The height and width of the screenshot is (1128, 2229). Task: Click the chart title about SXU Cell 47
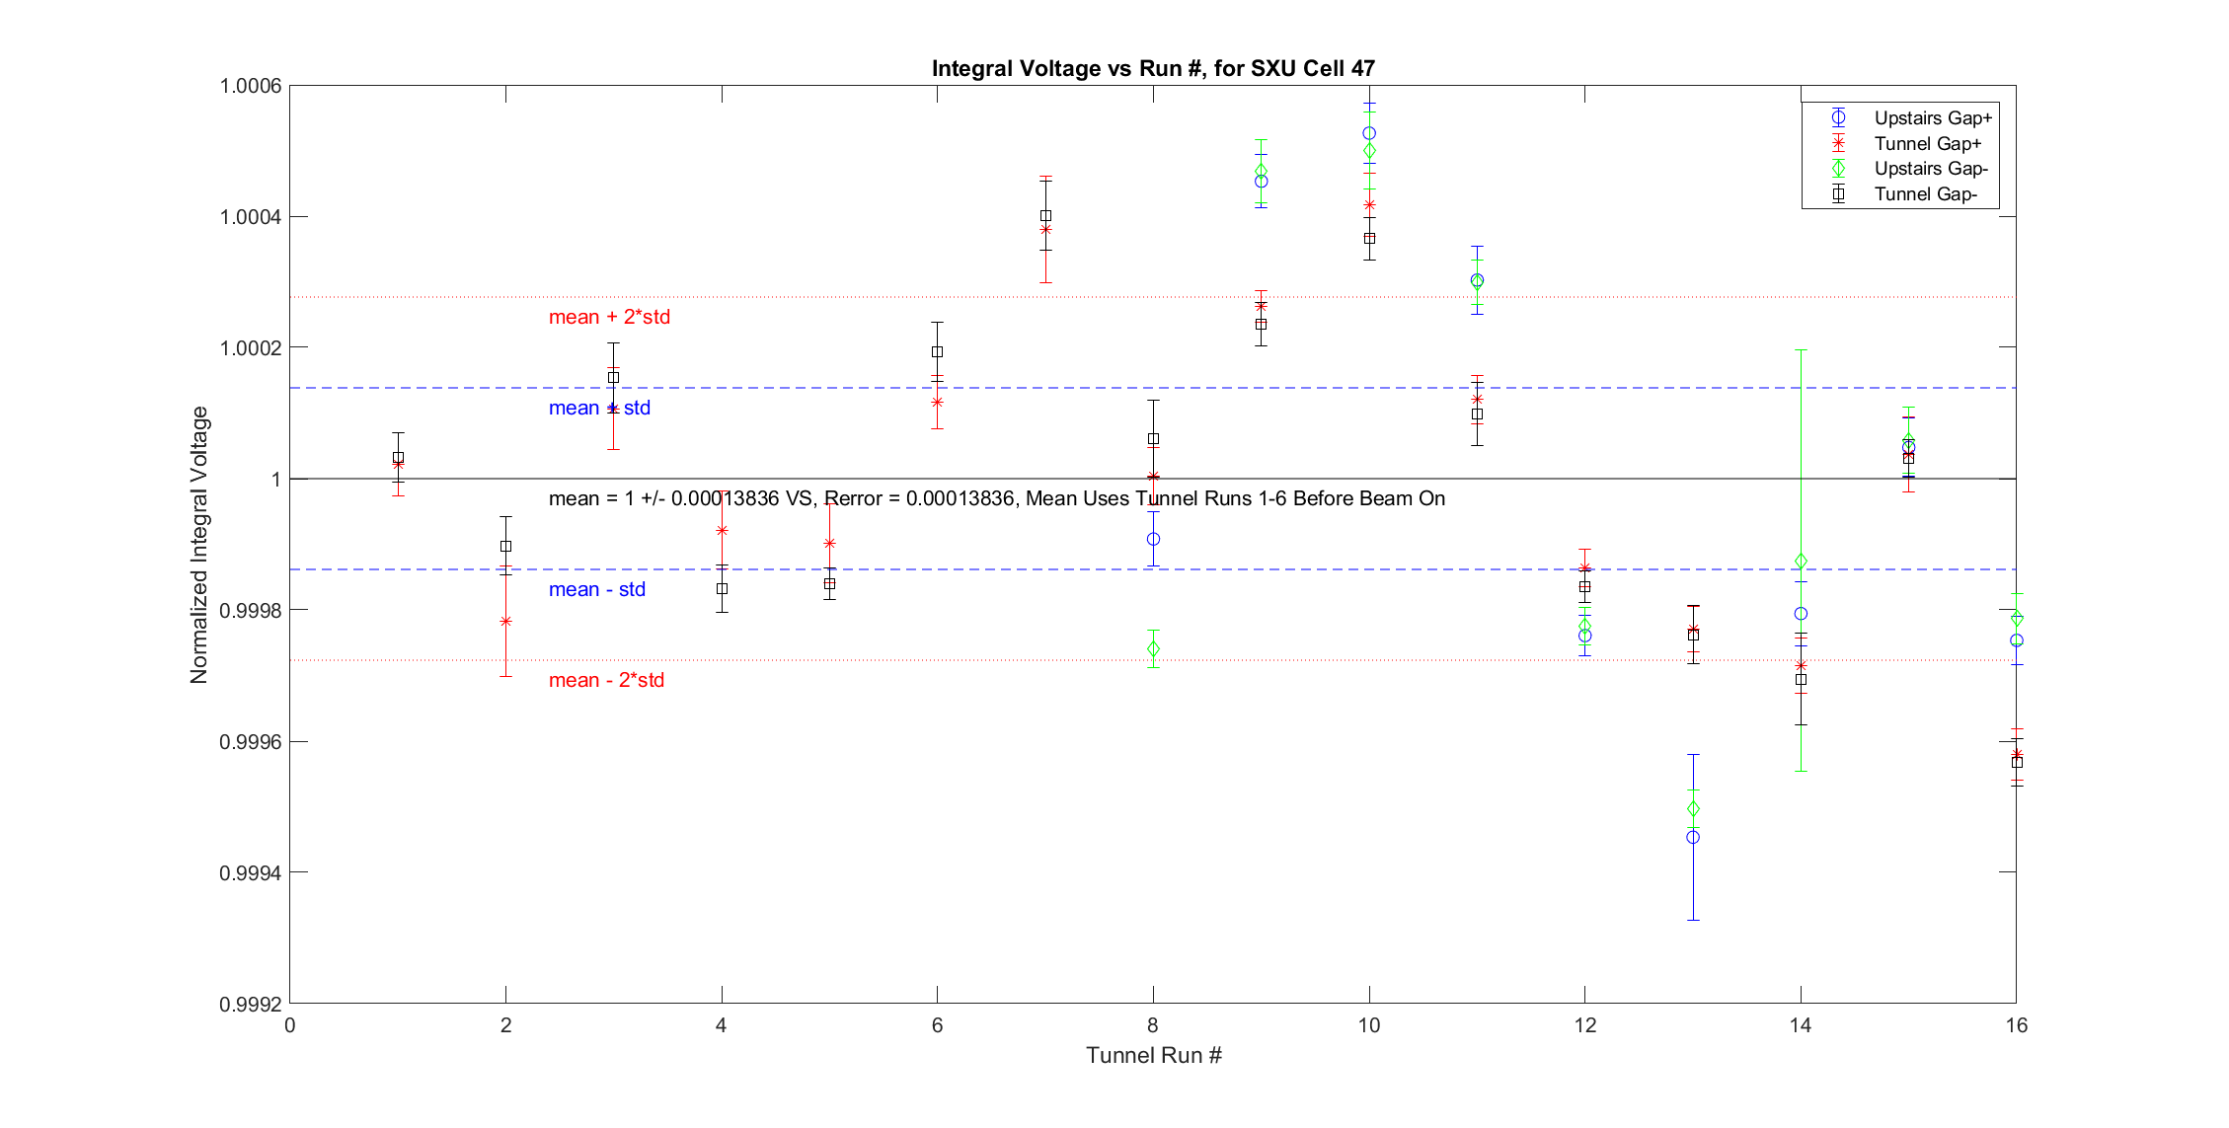(1153, 68)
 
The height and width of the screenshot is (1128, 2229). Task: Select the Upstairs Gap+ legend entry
(1932, 118)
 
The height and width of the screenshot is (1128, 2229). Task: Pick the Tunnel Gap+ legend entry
(1927, 144)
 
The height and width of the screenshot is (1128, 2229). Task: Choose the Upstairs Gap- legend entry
(1931, 169)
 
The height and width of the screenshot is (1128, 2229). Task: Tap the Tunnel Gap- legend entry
(1925, 194)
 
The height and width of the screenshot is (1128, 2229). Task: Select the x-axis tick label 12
(1584, 1025)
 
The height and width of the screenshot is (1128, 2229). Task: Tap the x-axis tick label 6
(937, 1025)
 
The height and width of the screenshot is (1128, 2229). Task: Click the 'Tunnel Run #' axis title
(1153, 1056)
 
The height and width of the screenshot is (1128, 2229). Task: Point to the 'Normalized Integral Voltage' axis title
(199, 545)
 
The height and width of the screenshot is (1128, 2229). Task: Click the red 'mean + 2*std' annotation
(609, 317)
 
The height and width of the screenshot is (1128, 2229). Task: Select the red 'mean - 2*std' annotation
(606, 680)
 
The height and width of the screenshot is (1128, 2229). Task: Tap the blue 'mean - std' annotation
(597, 589)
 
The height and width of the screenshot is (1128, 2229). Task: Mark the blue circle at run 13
(1693, 837)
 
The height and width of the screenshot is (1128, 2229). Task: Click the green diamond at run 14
(1801, 562)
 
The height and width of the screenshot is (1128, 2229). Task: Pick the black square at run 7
(1045, 215)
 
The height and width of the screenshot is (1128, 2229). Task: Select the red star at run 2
(506, 621)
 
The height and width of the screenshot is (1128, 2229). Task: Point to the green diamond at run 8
(1153, 648)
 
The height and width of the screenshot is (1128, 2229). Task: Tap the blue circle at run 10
(1369, 133)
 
